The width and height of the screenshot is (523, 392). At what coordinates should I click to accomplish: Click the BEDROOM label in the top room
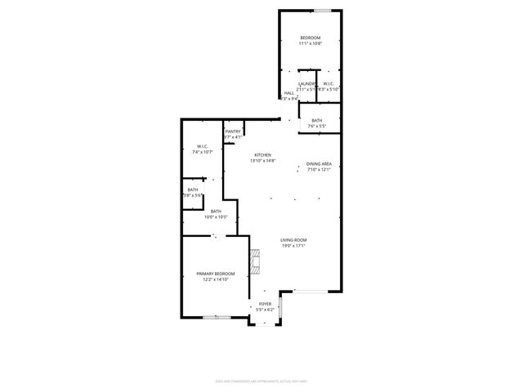click(310, 38)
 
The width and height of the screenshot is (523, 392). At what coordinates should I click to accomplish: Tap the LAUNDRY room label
click(307, 83)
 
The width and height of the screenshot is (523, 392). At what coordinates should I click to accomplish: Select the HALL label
click(288, 93)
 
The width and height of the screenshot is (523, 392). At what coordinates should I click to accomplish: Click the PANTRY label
click(233, 131)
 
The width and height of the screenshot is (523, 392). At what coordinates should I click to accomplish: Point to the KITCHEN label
click(262, 155)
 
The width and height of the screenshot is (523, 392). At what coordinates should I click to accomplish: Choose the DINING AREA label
click(319, 164)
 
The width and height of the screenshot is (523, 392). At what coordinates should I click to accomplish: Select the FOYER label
click(265, 304)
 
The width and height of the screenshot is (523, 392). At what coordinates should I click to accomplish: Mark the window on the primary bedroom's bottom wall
click(216, 317)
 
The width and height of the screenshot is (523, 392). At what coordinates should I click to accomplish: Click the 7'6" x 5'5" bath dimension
click(316, 127)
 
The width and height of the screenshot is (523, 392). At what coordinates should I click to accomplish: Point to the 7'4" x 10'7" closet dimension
click(202, 153)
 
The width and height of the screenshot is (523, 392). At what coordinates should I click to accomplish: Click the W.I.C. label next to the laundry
click(327, 83)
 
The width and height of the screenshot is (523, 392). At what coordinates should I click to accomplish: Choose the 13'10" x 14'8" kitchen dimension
click(262, 161)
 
